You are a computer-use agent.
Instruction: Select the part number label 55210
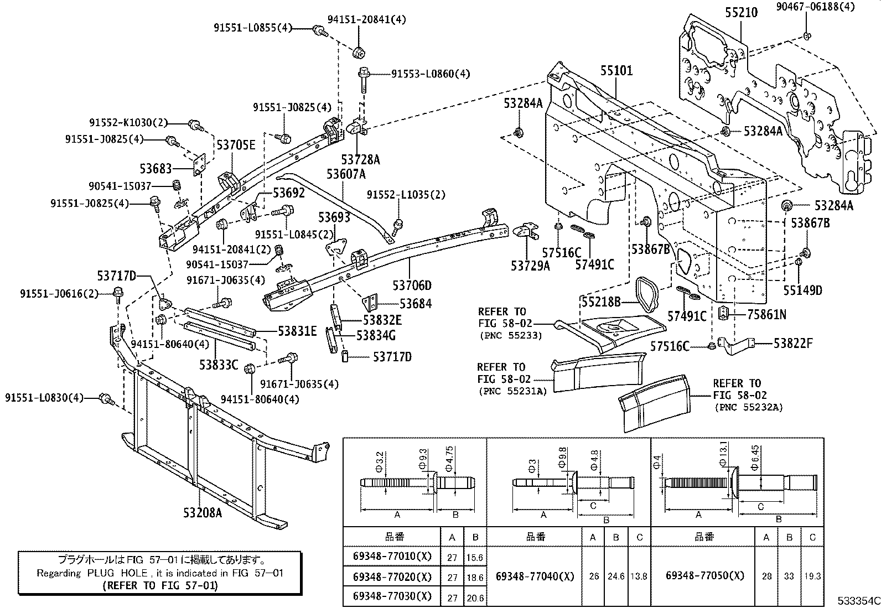click(x=741, y=12)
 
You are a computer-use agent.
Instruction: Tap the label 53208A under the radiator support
click(x=203, y=513)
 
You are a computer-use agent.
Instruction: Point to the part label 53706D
click(x=412, y=285)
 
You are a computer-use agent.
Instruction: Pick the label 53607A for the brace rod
click(x=346, y=174)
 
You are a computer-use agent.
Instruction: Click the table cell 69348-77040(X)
click(x=535, y=576)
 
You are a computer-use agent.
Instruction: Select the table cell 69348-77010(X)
click(x=392, y=556)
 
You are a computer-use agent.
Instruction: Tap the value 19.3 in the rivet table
click(x=812, y=576)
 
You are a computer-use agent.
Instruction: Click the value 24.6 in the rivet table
click(x=616, y=576)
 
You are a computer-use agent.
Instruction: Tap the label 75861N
click(x=766, y=315)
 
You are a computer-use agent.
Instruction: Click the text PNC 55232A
click(x=749, y=407)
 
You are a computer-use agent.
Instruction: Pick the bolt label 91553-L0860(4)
click(x=431, y=73)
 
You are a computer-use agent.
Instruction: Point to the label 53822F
click(x=792, y=344)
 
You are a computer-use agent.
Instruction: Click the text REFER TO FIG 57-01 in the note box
click(x=160, y=585)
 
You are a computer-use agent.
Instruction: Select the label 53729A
click(x=530, y=266)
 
